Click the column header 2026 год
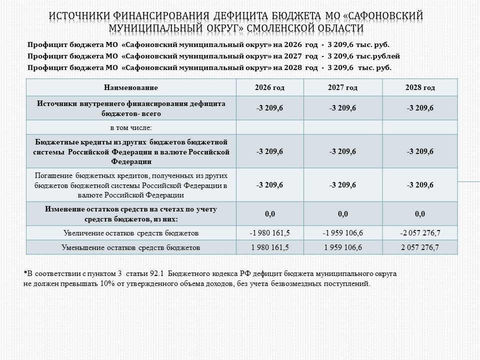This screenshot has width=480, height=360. coord(269,87)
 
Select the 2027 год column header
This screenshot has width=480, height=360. coord(342,87)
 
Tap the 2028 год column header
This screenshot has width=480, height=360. coord(420,87)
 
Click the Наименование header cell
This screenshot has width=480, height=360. coord(131,87)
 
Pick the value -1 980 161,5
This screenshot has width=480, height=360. coord(269,233)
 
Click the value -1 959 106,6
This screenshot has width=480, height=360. coord(342,233)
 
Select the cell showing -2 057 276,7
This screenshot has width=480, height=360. coord(420,233)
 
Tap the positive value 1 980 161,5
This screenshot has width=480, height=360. coord(269,247)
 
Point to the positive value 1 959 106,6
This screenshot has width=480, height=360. coord(342,247)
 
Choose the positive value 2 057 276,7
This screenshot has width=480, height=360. coord(420,247)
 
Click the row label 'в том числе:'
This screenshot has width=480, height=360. coord(131,127)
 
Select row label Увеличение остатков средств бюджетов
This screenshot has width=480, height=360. coord(131,233)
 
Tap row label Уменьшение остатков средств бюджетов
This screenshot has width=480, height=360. coord(131,247)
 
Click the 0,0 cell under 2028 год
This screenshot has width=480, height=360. coord(420,214)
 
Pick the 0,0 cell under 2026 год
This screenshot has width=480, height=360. coord(269,214)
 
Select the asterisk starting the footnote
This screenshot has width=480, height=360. coord(25,273)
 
